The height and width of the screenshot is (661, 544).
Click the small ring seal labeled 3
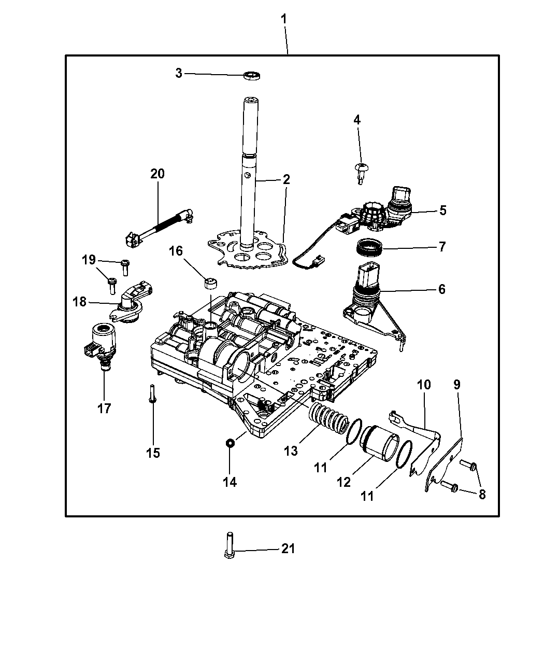point(252,75)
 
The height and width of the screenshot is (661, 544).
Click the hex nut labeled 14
point(229,443)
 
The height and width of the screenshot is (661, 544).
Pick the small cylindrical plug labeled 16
point(211,284)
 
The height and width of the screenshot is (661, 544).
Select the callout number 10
point(423,385)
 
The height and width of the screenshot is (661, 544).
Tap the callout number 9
point(457,385)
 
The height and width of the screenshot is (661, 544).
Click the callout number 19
point(89,259)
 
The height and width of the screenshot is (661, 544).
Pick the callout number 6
point(441,289)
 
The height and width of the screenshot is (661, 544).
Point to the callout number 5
point(442,210)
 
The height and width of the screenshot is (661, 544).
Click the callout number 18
point(80,301)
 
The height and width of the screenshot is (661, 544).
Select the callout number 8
point(482,494)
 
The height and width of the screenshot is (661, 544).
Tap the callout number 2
point(286,179)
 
